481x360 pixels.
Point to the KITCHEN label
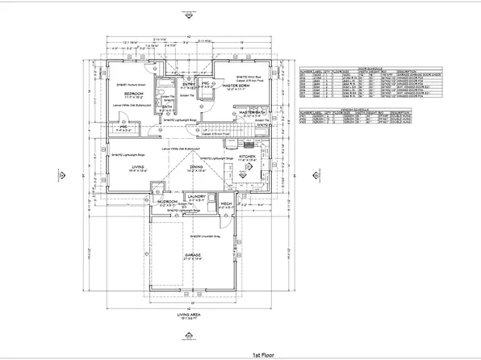(x=247, y=155)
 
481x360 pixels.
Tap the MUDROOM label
(x=167, y=202)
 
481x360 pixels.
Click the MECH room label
(x=227, y=205)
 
